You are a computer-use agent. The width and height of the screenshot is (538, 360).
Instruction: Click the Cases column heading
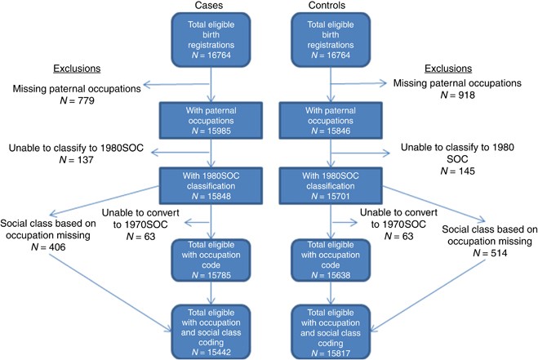click(x=211, y=7)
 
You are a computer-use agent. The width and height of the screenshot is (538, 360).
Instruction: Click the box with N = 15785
click(x=211, y=260)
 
